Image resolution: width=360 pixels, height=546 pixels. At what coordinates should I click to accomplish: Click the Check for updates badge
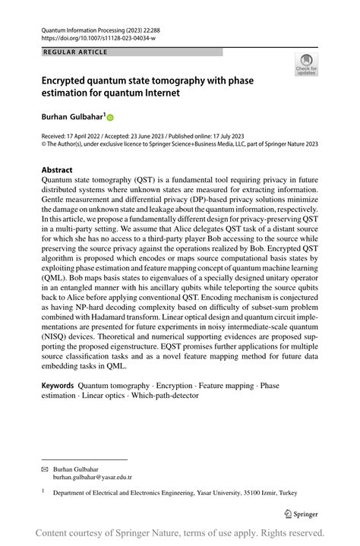306,64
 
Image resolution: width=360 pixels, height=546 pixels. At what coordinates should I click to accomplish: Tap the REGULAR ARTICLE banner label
76,52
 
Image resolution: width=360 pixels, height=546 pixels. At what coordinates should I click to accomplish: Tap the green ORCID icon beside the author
110,118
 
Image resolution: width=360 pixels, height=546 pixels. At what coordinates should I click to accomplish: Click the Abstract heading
58,170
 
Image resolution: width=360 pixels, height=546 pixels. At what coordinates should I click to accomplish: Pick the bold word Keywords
58,386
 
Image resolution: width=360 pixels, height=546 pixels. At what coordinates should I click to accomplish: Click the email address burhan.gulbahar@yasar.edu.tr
92,478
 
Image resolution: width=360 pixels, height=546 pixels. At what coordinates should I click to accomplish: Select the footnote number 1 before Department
43,491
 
